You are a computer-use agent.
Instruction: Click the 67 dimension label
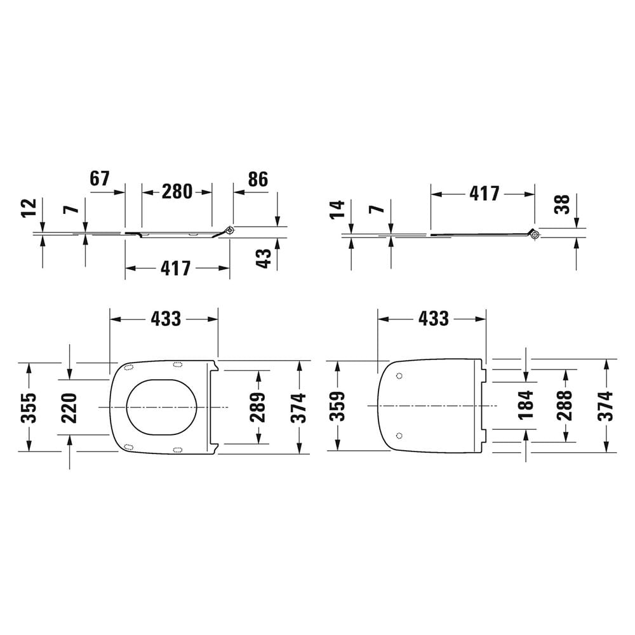[x=100, y=178]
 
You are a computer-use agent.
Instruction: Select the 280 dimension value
[x=177, y=192]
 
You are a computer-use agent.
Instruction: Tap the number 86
[x=258, y=179]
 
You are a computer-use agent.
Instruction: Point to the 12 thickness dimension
[x=29, y=208]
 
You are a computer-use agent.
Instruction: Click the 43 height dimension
[x=264, y=258]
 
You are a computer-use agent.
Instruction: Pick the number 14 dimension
[x=337, y=210]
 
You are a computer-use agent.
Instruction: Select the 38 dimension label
[x=563, y=204]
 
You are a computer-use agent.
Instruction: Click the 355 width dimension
[x=29, y=408]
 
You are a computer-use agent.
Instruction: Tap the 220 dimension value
[x=69, y=408]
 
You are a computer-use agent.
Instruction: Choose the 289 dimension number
[x=257, y=408]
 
